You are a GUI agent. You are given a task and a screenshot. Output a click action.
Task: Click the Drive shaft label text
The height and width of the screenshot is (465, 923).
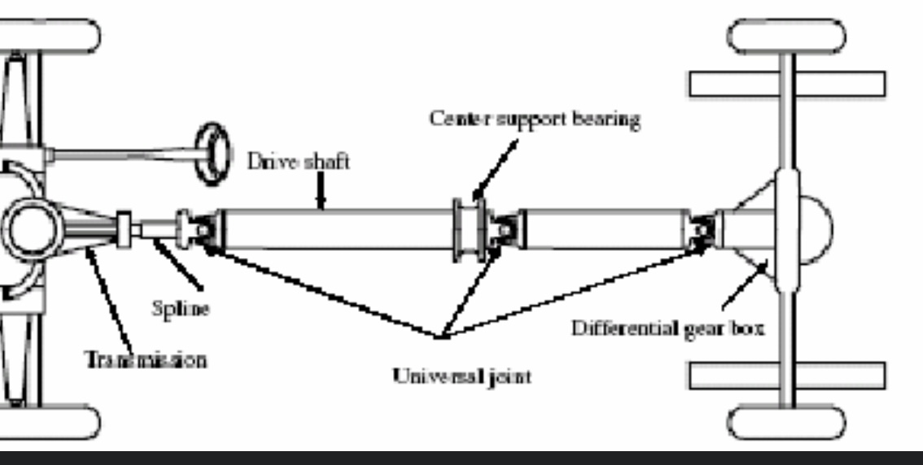298,161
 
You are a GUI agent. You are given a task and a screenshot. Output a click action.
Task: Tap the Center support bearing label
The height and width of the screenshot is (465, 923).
535,119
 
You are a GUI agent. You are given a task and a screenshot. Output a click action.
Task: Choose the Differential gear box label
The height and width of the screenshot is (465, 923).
667,330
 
